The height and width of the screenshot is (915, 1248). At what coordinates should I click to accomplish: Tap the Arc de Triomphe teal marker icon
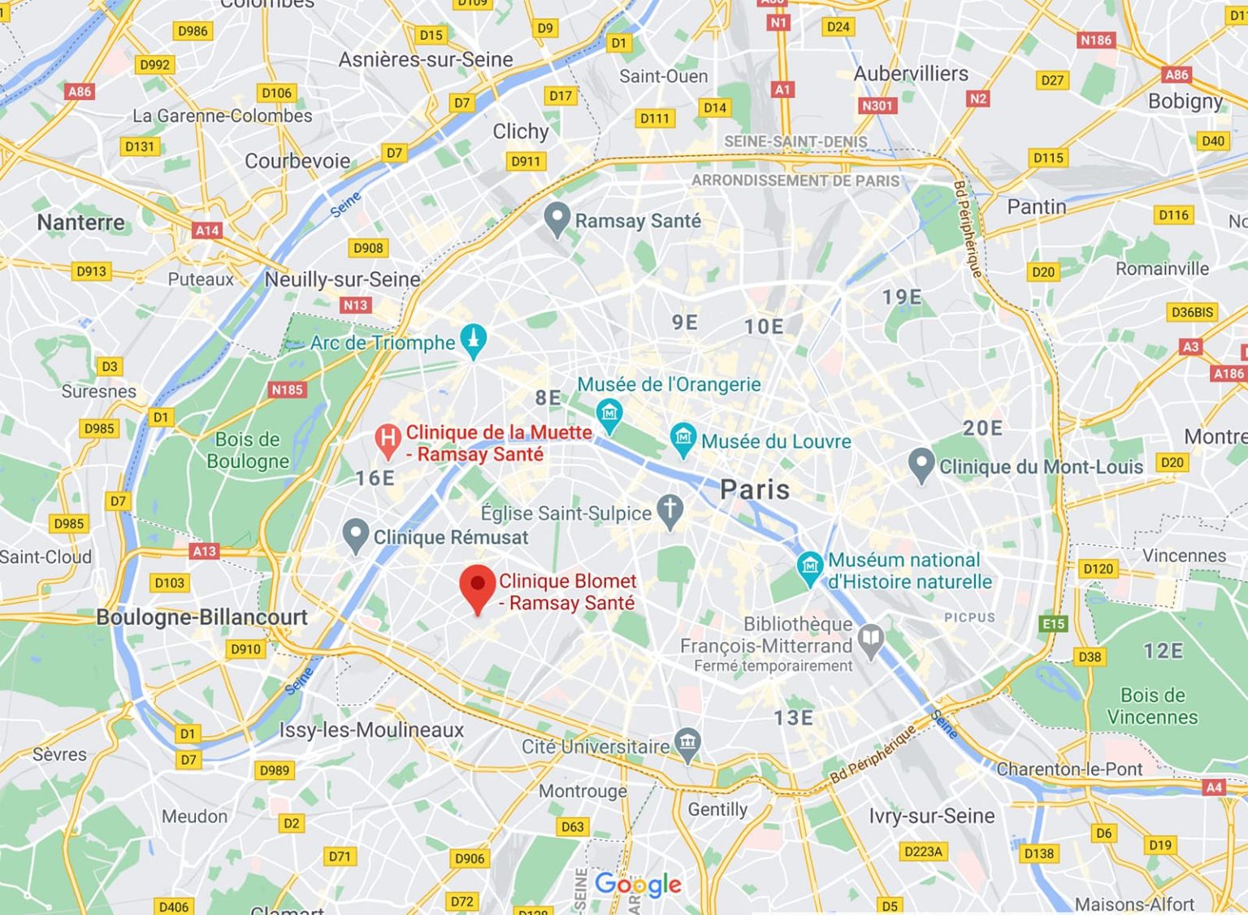click(x=473, y=340)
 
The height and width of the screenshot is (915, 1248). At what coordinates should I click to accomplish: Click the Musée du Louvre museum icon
click(x=682, y=438)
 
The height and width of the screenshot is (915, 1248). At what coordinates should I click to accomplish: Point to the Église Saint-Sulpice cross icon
click(x=669, y=511)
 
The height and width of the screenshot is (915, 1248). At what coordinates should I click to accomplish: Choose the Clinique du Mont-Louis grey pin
click(x=921, y=465)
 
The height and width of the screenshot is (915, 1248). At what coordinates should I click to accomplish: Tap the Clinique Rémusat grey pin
click(x=355, y=536)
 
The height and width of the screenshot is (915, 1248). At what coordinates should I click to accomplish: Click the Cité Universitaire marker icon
click(x=687, y=744)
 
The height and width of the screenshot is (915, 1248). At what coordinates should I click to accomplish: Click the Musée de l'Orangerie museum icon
click(x=609, y=414)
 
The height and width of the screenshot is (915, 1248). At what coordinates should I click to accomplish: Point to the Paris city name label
click(x=755, y=490)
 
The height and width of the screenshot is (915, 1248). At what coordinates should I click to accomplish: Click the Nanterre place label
click(x=81, y=222)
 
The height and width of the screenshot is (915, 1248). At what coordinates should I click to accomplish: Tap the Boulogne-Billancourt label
click(x=201, y=617)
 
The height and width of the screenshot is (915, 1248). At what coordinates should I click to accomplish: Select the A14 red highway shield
click(x=207, y=230)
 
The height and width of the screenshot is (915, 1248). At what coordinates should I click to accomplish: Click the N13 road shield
click(x=355, y=305)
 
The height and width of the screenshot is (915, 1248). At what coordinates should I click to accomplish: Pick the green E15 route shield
click(x=1053, y=623)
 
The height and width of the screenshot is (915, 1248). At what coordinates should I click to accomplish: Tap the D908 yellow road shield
click(x=368, y=248)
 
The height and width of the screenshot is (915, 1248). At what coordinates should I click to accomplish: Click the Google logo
click(x=638, y=884)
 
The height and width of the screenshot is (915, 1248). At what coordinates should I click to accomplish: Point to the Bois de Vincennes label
click(x=1152, y=706)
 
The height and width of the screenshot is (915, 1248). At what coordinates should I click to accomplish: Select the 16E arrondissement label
click(x=375, y=478)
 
